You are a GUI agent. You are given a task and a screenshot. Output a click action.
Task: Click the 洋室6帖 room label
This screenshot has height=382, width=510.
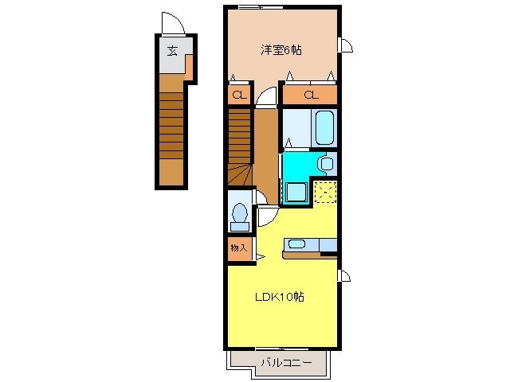(281, 49)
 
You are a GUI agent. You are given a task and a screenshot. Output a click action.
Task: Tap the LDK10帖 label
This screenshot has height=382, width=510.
(280, 297)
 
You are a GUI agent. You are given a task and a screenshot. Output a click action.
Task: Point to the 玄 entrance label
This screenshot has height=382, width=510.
(172, 53)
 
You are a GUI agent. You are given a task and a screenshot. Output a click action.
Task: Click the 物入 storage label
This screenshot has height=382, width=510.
(238, 248)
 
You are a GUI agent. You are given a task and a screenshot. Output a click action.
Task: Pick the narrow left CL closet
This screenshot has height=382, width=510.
(237, 95)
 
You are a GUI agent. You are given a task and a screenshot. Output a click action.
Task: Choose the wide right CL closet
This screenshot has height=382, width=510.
(310, 95)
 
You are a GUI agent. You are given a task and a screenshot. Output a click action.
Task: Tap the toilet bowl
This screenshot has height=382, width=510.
(238, 215)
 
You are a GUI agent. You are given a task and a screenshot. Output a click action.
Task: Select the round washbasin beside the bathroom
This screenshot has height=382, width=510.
(325, 163)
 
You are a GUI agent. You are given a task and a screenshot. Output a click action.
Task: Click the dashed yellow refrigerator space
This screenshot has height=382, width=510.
(325, 192)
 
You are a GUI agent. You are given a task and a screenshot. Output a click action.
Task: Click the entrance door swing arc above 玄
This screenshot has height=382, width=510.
(173, 24)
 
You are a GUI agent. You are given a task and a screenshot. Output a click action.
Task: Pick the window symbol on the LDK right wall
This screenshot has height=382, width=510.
(345, 276)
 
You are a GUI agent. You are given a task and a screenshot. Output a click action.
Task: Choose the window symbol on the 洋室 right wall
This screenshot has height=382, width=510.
(345, 45)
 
